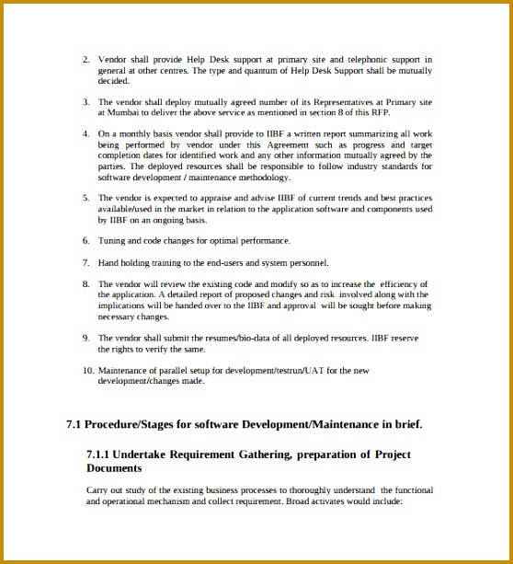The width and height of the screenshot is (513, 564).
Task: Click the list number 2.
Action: (85, 60)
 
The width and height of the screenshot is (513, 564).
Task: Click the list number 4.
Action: (85, 133)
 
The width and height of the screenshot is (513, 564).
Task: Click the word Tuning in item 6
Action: (112, 240)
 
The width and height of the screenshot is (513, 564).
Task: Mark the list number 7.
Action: (85, 262)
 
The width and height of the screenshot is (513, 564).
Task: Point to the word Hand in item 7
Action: (108, 262)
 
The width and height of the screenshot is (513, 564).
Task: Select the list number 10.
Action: (87, 370)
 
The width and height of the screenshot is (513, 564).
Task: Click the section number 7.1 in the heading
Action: (74, 424)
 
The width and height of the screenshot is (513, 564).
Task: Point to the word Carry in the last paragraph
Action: (97, 490)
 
